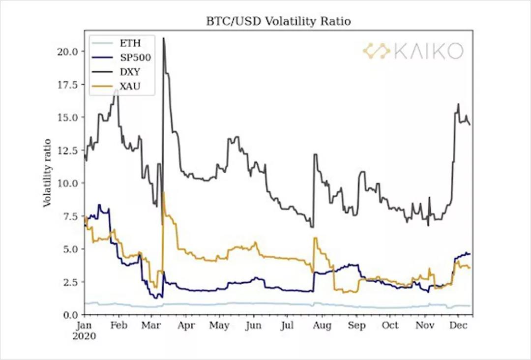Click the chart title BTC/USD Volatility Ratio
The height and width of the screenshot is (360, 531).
coord(278,22)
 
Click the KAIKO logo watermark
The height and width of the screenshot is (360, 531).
coord(413,51)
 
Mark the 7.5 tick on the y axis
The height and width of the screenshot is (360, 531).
coord(68,216)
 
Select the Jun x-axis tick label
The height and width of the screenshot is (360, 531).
coord(253,326)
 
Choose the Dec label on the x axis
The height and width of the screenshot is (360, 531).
coord(458,326)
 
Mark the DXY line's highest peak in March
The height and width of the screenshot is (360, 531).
coord(163,38)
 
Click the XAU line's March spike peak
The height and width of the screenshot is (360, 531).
coord(163,193)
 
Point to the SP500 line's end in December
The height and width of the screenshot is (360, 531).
coord(470,254)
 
